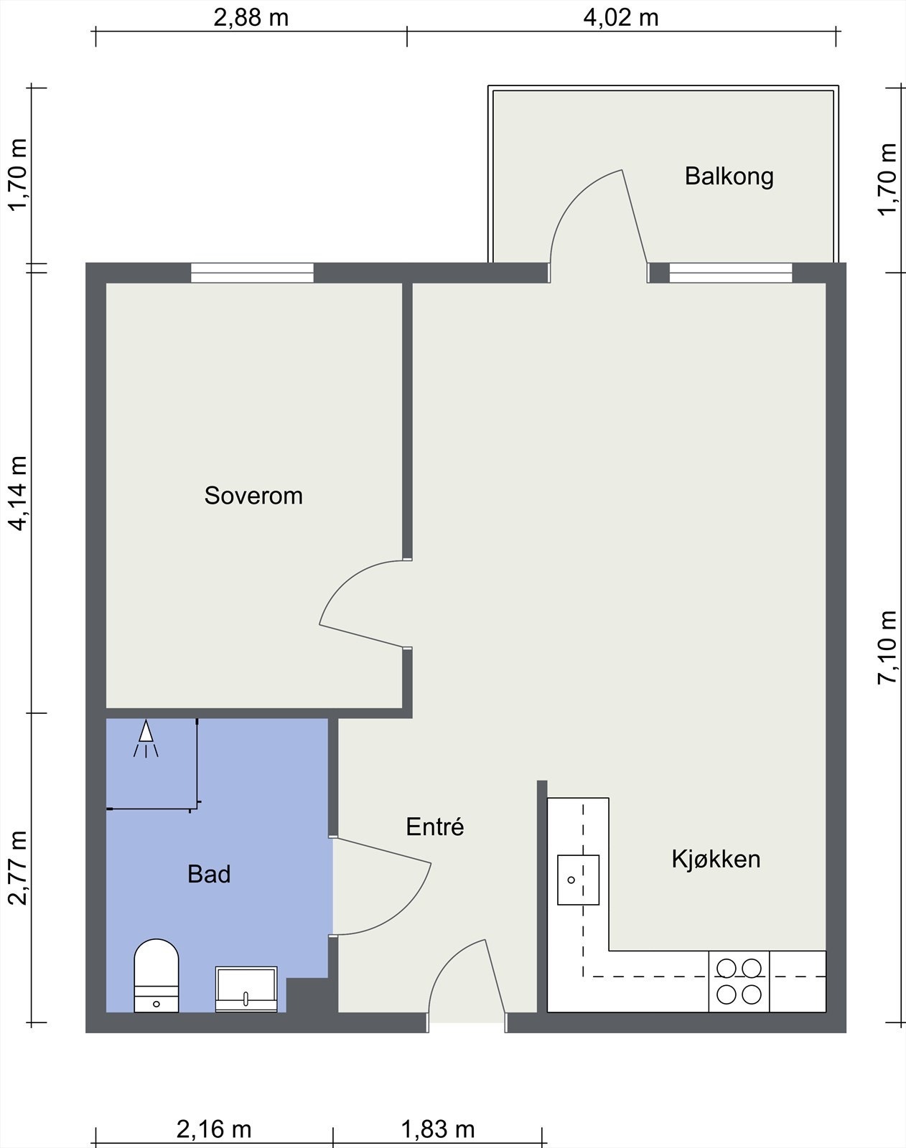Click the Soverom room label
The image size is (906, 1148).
(253, 496)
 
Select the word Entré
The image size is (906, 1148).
(434, 827)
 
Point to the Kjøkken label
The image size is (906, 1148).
(716, 859)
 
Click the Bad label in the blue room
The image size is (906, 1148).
(209, 874)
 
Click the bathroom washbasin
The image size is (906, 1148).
(246, 989)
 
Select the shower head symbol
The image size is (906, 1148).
(146, 738)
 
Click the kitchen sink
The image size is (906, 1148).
(578, 880)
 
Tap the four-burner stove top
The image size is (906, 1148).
(739, 981)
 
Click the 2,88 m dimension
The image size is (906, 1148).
(251, 18)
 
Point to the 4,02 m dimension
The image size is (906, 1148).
(621, 18)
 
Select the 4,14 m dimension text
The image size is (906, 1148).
(18, 494)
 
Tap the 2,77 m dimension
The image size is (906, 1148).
(18, 868)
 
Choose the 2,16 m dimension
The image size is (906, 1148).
(213, 1129)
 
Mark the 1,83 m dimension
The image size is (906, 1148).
(438, 1129)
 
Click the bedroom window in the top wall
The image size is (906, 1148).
(253, 273)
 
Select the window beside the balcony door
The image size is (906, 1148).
(731, 273)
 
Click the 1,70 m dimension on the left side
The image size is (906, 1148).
(18, 175)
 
